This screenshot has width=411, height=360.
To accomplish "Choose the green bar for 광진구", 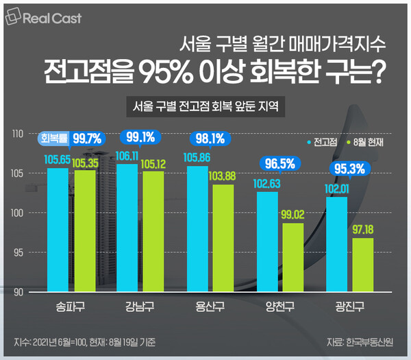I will tap(363, 265).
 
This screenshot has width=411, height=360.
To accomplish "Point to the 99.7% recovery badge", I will tap(86, 138).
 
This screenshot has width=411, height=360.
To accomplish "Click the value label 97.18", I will tap(363, 227).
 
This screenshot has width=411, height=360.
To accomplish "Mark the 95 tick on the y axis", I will tap(19, 253).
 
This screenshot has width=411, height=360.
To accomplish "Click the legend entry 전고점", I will tap(323, 143).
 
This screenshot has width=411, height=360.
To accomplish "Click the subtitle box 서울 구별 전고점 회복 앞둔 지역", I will tap(206, 106).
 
